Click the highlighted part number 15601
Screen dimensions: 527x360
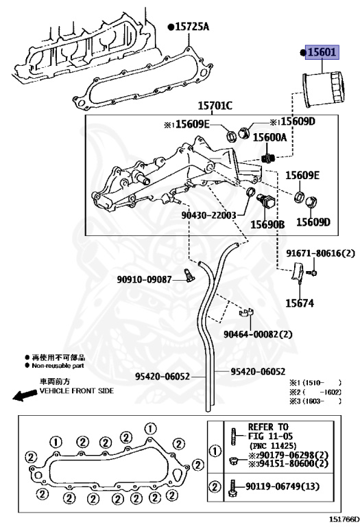point(322,53)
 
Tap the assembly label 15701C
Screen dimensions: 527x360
point(215,106)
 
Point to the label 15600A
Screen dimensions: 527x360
point(269,137)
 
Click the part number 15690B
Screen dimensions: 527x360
point(267,224)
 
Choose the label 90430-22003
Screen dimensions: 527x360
point(208,215)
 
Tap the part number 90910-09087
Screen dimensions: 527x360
point(143,279)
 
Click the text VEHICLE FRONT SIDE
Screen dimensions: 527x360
point(76,390)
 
